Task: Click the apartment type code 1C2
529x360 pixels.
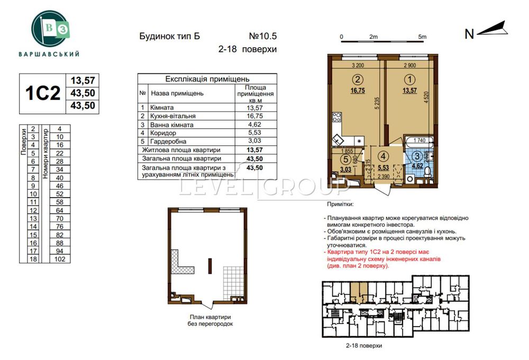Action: tap(43, 93)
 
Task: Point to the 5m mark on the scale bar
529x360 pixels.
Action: tap(422, 36)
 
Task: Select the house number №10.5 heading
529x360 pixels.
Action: tap(263, 36)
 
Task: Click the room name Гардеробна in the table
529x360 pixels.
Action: tap(168, 141)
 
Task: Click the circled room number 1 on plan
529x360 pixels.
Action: tap(409, 80)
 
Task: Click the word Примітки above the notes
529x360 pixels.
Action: tap(341, 204)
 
